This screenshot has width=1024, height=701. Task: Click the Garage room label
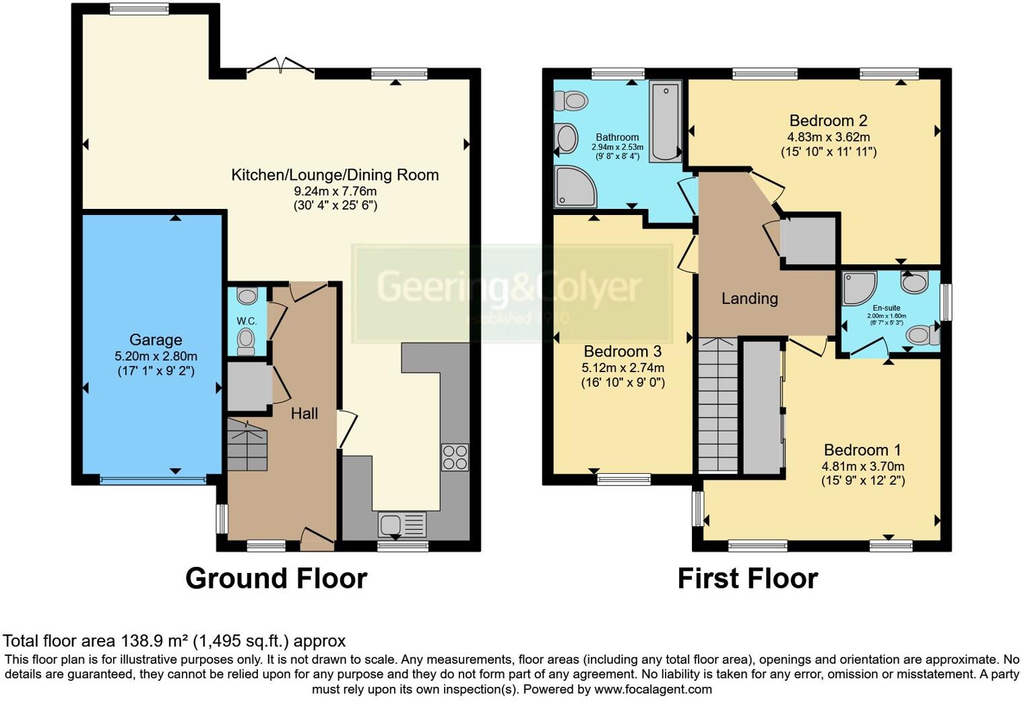[x=156, y=340]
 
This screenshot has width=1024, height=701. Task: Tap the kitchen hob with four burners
[x=455, y=457]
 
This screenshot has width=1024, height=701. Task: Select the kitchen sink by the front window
[x=402, y=524]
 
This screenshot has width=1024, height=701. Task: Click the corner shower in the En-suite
[x=859, y=287]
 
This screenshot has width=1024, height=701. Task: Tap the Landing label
[x=749, y=298]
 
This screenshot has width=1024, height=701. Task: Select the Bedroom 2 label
[x=828, y=121]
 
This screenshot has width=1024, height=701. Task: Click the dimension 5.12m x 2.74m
[x=623, y=367]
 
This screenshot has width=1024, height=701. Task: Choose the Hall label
[x=305, y=413]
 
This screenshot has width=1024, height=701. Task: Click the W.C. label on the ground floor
[x=247, y=321]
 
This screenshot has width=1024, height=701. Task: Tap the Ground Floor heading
[x=276, y=578]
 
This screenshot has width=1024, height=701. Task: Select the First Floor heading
[x=747, y=578]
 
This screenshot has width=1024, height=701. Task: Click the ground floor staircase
[x=247, y=444]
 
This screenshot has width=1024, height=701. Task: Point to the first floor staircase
[x=718, y=404]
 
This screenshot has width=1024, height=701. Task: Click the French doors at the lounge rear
[x=280, y=66]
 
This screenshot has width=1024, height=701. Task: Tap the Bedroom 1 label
[x=862, y=450]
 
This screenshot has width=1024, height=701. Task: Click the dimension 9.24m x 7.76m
[x=335, y=191]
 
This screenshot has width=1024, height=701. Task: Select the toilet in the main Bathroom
[x=571, y=101]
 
